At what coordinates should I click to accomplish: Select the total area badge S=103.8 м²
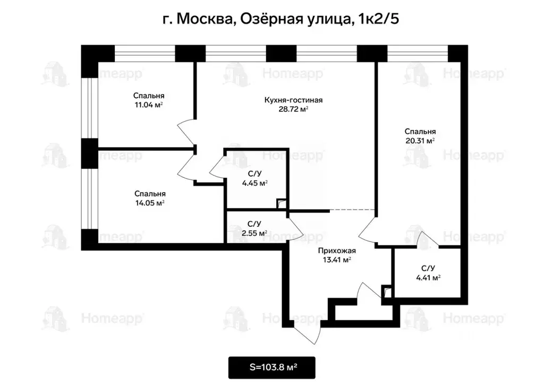point(272,367)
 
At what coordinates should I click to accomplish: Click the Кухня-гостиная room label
point(294,100)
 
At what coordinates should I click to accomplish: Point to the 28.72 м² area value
point(294,109)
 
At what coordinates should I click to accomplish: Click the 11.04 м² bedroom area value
point(148,105)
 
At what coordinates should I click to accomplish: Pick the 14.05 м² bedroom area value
point(149,203)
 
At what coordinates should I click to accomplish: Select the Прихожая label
point(336,251)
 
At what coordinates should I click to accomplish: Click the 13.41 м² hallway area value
point(336,260)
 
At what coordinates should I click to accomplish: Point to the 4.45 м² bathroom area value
point(253,183)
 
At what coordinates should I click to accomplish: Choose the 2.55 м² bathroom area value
point(253,233)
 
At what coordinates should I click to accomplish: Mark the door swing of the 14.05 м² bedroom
point(186,169)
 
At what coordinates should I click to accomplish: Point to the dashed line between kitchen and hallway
point(353,211)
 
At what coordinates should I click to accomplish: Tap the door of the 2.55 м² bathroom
point(295,228)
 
